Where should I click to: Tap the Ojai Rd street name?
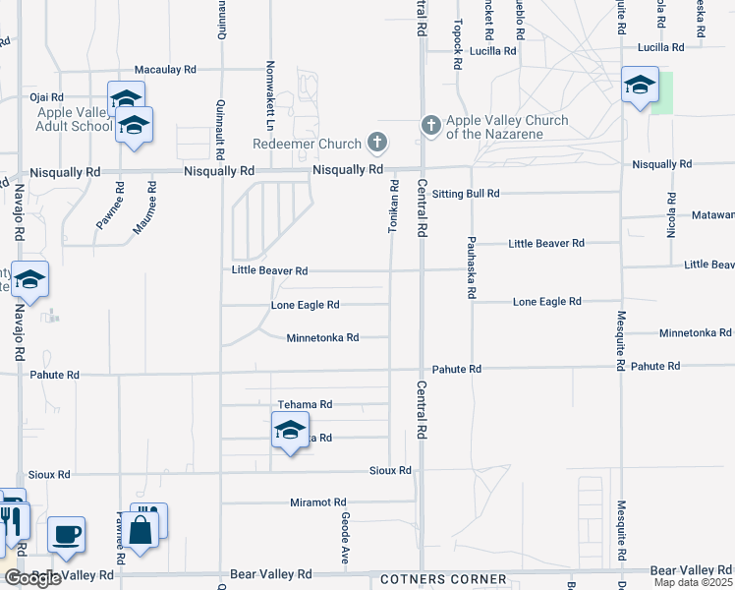[x=46, y=97]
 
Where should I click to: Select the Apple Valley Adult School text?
[x=74, y=120]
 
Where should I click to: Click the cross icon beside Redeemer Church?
[x=375, y=144]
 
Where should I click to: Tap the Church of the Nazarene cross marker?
[x=430, y=125]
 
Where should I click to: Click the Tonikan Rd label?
[x=393, y=206]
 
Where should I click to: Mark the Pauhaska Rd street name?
[x=472, y=266]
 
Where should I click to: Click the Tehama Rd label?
[x=306, y=404]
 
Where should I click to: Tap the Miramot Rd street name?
[x=318, y=502]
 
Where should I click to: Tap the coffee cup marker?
[x=66, y=534]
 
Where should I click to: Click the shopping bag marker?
[x=141, y=531]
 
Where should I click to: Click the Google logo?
[x=33, y=578]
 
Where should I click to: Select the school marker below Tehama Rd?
[x=289, y=431]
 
